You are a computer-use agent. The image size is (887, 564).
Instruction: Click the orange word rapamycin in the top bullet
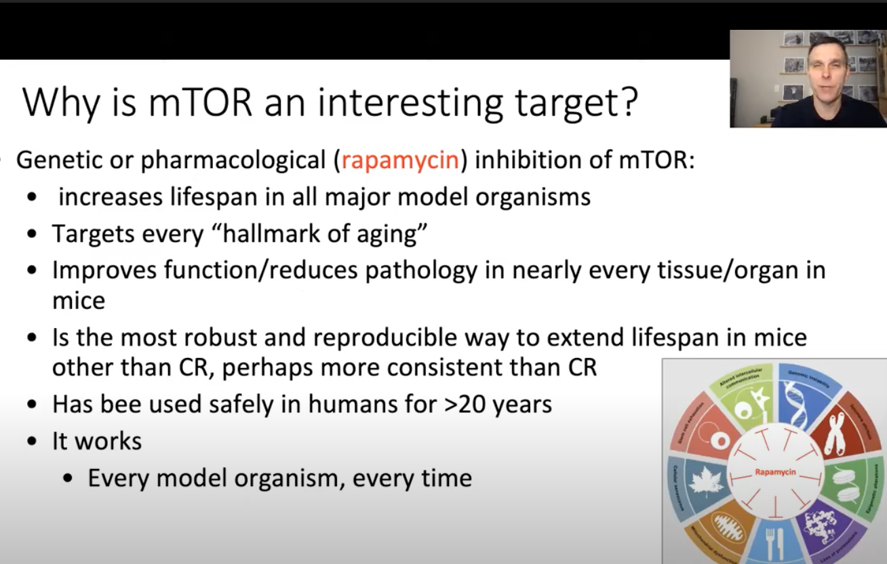(401, 161)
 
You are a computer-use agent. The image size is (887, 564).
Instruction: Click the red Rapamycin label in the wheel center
(774, 472)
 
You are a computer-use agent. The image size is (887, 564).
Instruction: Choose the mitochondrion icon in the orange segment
(729, 528)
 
